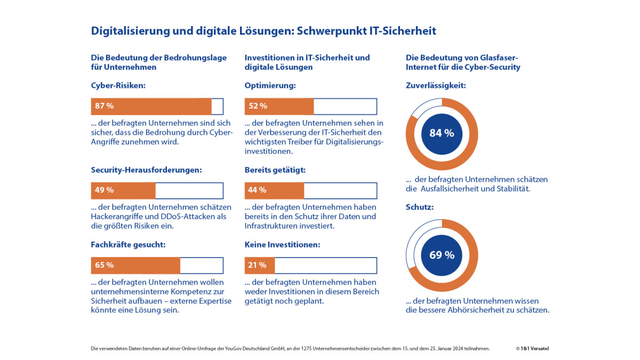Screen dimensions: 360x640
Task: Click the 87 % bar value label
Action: [105, 106]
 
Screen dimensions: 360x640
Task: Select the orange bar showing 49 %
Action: [123, 190]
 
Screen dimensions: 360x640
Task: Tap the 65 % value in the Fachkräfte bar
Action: [105, 265]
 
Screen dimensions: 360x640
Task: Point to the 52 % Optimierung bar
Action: [279, 106]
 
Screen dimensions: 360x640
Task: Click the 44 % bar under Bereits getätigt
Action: [274, 190]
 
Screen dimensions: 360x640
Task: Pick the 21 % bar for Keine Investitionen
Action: [260, 265]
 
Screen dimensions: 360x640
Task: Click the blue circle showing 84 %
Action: [442, 133]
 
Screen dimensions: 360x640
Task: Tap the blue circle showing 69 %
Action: [442, 255]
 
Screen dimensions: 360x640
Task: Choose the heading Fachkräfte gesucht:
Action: [129, 245]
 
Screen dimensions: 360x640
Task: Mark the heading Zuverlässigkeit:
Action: [436, 85]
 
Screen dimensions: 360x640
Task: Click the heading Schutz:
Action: [420, 207]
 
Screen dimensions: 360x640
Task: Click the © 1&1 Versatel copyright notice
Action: [532, 348]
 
